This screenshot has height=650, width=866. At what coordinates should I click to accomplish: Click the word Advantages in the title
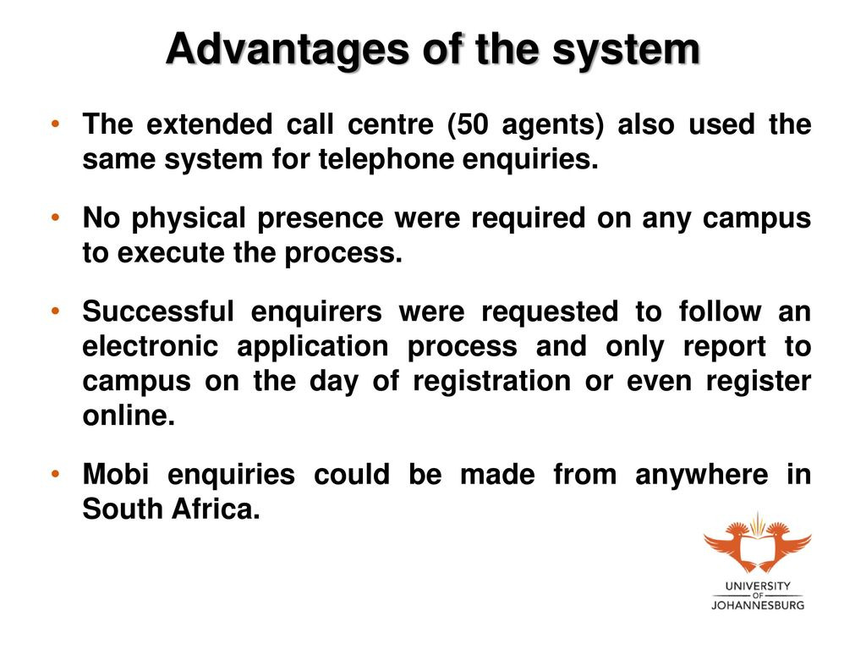point(288,50)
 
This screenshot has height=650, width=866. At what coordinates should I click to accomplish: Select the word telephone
point(386,159)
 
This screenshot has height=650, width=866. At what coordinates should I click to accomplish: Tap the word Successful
point(158,311)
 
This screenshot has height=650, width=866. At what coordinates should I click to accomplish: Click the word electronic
point(151,346)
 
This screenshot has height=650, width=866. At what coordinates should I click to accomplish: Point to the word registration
point(491,383)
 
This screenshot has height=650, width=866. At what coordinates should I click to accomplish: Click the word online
point(129,416)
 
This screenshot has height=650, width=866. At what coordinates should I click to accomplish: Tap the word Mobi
point(116,474)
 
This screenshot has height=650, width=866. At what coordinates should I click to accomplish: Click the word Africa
point(216,509)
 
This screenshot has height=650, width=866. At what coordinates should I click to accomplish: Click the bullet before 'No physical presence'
point(55,218)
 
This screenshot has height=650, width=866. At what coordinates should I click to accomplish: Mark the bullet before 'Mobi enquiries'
point(55,474)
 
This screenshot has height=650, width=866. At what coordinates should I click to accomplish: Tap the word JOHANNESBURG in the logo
point(757,604)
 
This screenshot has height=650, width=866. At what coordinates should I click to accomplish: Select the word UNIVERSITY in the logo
point(757,586)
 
